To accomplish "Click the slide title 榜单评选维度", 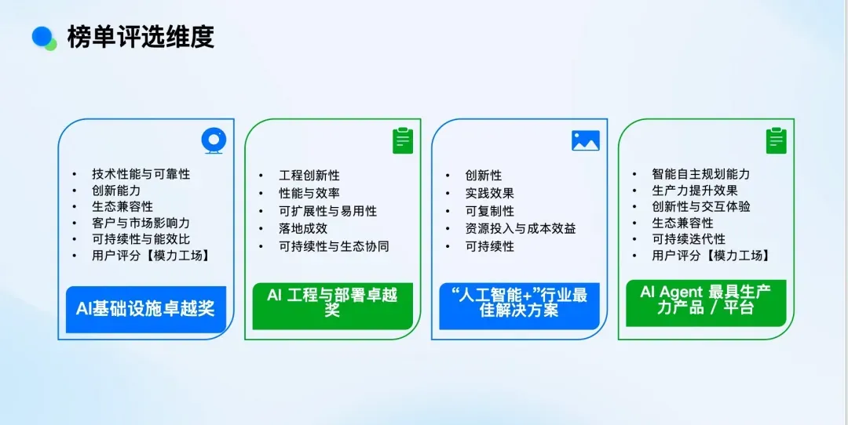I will (141, 37).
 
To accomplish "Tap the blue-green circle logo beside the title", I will (44, 38).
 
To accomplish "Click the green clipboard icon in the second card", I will (403, 140).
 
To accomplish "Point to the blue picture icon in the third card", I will (585, 140).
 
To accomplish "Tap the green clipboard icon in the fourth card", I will (777, 140).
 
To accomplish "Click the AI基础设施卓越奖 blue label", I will (146, 308).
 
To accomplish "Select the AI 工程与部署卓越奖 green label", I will (332, 303).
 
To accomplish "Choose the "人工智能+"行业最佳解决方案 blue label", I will (519, 303).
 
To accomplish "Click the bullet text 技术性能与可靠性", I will (141, 174).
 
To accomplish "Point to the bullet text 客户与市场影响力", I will (141, 223).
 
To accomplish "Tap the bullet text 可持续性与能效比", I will (141, 239).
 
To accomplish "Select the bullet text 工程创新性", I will (309, 176).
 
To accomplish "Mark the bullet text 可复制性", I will (490, 211).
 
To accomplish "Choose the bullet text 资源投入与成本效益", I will (521, 228).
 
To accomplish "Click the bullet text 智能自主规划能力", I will (700, 174).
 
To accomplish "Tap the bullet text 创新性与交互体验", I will (700, 206).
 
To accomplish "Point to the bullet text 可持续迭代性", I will (689, 239).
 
